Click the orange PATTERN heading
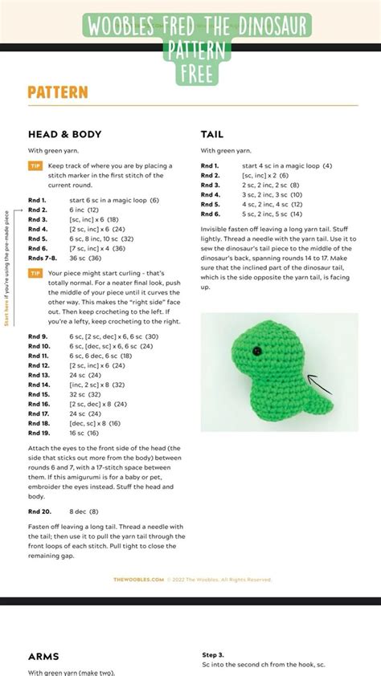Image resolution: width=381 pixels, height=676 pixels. tap(57, 93)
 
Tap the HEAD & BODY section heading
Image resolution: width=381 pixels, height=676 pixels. tap(64, 135)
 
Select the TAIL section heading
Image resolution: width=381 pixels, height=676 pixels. tap(212, 135)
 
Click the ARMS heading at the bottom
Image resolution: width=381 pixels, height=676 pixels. tap(44, 656)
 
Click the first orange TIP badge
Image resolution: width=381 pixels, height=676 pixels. tap(35, 165)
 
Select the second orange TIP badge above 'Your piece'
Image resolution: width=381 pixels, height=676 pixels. tap(35, 273)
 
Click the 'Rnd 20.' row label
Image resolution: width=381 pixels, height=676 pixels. tap(39, 511)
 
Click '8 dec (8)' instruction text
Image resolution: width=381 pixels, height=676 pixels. tap(84, 511)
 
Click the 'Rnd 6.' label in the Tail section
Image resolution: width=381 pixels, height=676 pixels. tap(211, 214)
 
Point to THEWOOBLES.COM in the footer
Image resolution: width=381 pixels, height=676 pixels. tap(138, 579)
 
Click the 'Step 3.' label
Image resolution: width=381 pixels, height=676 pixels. tap(213, 655)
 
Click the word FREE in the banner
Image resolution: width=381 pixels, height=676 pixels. tap(195, 75)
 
